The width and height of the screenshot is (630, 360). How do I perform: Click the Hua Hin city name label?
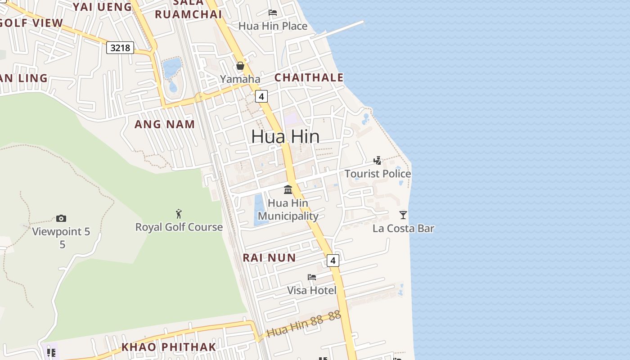(x=285, y=136)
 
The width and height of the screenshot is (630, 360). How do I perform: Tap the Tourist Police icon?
(x=378, y=161)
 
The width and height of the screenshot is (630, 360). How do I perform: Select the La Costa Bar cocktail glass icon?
(x=403, y=215)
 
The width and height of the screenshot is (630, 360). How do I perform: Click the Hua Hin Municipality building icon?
(x=288, y=189)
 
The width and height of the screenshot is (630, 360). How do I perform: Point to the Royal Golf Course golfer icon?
(x=179, y=214)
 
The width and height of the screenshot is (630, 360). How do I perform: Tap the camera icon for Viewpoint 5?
(x=61, y=219)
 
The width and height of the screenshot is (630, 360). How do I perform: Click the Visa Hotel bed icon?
(x=312, y=277)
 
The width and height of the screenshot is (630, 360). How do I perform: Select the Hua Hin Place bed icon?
(x=273, y=13)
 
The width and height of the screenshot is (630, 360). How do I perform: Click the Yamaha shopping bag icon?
(x=240, y=66)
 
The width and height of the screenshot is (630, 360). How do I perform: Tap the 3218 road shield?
(x=120, y=47)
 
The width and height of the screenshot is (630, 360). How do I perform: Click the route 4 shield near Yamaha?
(x=261, y=96)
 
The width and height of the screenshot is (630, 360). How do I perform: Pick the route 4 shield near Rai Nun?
(x=333, y=260)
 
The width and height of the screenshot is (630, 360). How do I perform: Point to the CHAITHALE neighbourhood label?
(x=309, y=78)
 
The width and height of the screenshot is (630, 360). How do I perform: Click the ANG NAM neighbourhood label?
(x=165, y=125)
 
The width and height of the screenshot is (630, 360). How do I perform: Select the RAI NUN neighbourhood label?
(x=269, y=258)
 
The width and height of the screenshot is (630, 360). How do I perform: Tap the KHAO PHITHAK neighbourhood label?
(x=169, y=347)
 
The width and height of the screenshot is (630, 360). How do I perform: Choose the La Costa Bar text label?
(x=403, y=229)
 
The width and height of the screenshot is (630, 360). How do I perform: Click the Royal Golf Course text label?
(x=179, y=227)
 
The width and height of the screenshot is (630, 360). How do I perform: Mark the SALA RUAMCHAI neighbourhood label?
(x=188, y=10)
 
